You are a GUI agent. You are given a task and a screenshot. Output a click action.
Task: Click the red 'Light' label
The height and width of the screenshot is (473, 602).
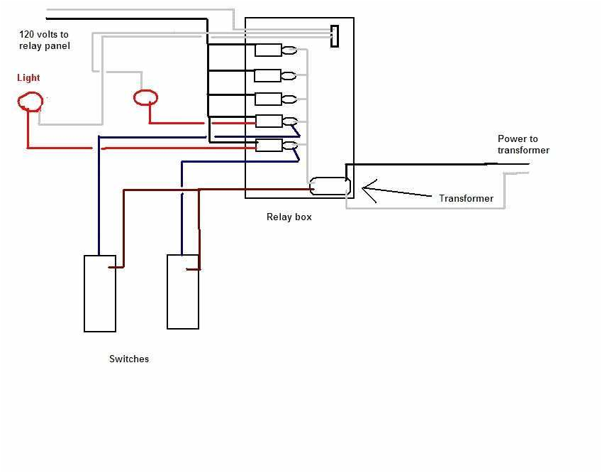pyautogui.click(x=28, y=78)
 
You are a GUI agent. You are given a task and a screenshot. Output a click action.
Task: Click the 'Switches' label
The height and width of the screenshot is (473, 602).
pyautogui.click(x=129, y=359)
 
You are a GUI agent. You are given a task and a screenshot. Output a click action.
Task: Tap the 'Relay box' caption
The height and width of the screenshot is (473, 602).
pyautogui.click(x=289, y=217)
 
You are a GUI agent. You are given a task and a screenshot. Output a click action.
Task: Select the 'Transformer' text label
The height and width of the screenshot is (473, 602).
pyautogui.click(x=466, y=199)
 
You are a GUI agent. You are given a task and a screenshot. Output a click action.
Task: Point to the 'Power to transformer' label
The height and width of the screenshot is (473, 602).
pyautogui.click(x=523, y=145)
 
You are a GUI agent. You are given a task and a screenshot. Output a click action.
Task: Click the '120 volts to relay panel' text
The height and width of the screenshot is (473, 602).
pyautogui.click(x=44, y=40)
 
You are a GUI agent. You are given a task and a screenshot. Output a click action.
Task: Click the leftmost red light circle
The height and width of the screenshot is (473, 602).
pyautogui.click(x=30, y=102)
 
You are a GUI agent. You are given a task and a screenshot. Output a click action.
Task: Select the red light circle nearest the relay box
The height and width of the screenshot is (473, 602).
pyautogui.click(x=145, y=97)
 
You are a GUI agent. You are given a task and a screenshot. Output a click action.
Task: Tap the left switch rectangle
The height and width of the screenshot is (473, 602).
pyautogui.click(x=100, y=293)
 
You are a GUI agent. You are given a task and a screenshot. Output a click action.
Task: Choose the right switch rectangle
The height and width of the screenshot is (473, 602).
pyautogui.click(x=183, y=292)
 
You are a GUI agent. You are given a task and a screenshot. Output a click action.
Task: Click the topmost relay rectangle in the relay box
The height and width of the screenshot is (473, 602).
pyautogui.click(x=269, y=50)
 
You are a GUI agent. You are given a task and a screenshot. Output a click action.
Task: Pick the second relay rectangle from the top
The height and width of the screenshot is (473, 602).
pyautogui.click(x=268, y=75)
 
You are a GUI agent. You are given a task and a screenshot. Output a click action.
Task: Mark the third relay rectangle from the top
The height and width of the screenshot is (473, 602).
pyautogui.click(x=268, y=99)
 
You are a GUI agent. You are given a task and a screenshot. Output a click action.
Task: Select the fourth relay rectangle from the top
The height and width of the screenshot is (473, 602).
pyautogui.click(x=269, y=121)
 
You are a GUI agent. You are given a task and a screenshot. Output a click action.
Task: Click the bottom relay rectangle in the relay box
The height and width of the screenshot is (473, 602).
pyautogui.click(x=269, y=146)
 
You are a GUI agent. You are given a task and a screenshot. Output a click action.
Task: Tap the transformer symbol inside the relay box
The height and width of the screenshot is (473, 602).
pyautogui.click(x=330, y=186)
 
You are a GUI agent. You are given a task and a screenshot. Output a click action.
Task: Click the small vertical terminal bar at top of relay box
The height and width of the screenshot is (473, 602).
pyautogui.click(x=334, y=36)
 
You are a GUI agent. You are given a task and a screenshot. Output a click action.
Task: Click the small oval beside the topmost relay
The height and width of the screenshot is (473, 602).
pyautogui.click(x=289, y=50)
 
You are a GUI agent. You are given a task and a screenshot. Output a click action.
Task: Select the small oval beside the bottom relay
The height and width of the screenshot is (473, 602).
pyautogui.click(x=289, y=146)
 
